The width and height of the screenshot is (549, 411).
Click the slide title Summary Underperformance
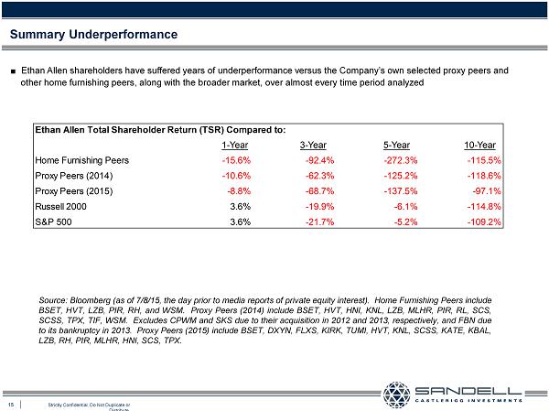pyautogui.click(x=92, y=35)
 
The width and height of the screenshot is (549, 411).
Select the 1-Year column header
pyautogui.click(x=235, y=144)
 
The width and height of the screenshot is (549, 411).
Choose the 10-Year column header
pyautogui.click(x=480, y=144)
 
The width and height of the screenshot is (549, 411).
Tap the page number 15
pyautogui.click(x=11, y=404)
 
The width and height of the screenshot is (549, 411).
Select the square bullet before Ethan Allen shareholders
pyautogui.click(x=13, y=70)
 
